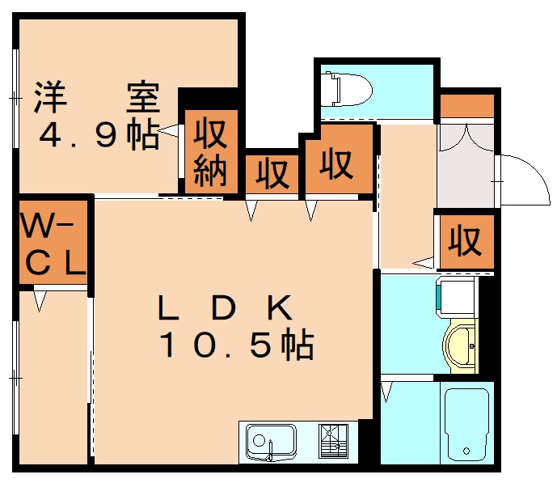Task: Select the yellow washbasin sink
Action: coord(460,346)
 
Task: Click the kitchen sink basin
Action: coord(272,443)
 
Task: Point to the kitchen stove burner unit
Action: coord(332,442)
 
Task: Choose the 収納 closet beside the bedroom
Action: coord(212,151)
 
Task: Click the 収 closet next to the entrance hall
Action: coord(466,240)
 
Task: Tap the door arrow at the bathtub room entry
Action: coord(386,393)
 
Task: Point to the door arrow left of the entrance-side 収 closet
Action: coord(424,261)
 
